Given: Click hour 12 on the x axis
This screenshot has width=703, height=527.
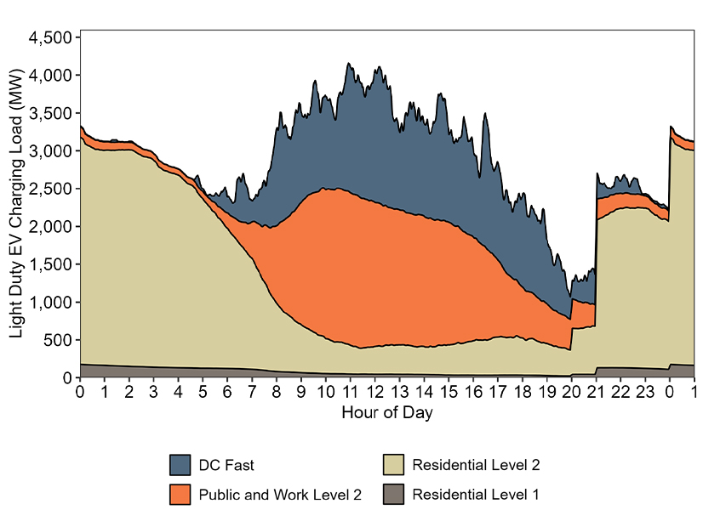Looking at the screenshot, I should tap(375, 393).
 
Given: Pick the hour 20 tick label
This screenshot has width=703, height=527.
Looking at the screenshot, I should tap(572, 393).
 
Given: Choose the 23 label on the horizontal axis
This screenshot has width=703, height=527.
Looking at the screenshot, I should tap(645, 393).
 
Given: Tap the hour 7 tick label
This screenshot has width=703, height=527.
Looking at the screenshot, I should tap(252, 393).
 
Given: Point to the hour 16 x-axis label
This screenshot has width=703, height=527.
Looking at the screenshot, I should tap(473, 393).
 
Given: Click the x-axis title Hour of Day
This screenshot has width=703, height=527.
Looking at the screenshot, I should tap(387, 413).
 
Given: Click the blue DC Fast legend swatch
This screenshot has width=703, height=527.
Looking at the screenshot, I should tap(180, 465).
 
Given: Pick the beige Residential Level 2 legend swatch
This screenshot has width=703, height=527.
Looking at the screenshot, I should tap(392, 465).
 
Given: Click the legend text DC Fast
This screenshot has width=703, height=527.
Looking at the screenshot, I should tap(226, 465).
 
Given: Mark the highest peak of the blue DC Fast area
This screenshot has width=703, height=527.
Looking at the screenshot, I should tap(349, 63).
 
